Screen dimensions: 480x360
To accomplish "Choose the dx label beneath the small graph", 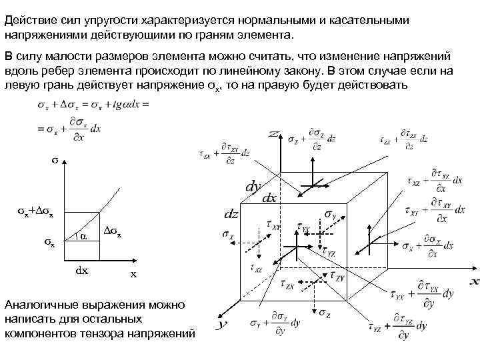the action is point(79,271).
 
